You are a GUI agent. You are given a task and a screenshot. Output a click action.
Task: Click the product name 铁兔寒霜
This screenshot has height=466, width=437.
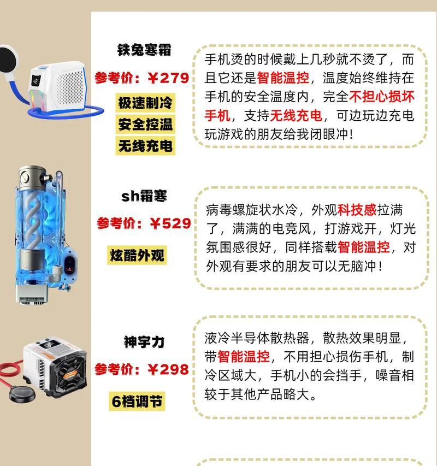pyautogui.click(x=144, y=50)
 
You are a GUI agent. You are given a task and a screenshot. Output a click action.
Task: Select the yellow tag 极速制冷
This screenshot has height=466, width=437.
pyautogui.click(x=145, y=103)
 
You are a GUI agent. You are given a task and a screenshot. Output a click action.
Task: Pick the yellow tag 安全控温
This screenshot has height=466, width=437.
pyautogui.click(x=145, y=124)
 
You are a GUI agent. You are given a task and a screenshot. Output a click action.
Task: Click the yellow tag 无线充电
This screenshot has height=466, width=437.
pyautogui.click(x=145, y=145)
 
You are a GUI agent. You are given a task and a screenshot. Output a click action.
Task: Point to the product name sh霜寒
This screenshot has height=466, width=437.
pyautogui.click(x=144, y=196)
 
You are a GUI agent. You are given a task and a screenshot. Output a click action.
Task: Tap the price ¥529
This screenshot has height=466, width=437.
pyautogui.click(x=170, y=223)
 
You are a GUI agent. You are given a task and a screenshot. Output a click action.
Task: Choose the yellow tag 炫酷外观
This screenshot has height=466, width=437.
pyautogui.click(x=137, y=255)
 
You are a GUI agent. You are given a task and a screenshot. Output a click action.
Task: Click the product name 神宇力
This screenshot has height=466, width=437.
pyautogui.click(x=144, y=343)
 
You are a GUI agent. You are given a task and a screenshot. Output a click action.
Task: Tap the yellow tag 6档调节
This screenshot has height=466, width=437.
pyautogui.click(x=138, y=402)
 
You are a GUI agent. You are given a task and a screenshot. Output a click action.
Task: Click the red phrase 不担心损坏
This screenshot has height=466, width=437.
pyautogui.click(x=382, y=97)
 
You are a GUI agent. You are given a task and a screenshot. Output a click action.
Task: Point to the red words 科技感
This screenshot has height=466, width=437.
pyautogui.click(x=357, y=210)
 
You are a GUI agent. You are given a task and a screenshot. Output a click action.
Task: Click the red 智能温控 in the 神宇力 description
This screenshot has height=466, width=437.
pyautogui.click(x=244, y=357)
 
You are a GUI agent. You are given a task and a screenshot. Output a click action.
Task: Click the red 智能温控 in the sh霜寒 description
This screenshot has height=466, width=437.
pyautogui.click(x=364, y=247)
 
